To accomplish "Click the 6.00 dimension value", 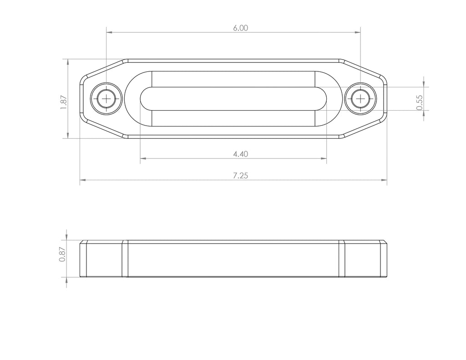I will tap(240, 28).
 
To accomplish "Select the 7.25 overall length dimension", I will tap(240, 176).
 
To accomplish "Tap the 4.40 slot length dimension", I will tap(240, 154).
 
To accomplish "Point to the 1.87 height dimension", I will tap(63, 101).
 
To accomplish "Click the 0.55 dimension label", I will tap(419, 102).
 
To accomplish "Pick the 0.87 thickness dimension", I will tap(62, 254).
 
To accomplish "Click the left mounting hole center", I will tap(106, 98).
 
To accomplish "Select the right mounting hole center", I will tap(360, 98).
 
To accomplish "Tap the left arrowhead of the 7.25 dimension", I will tap(83, 181).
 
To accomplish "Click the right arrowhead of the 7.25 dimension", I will tap(384, 181).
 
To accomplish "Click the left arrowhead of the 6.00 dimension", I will tap(109, 32).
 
